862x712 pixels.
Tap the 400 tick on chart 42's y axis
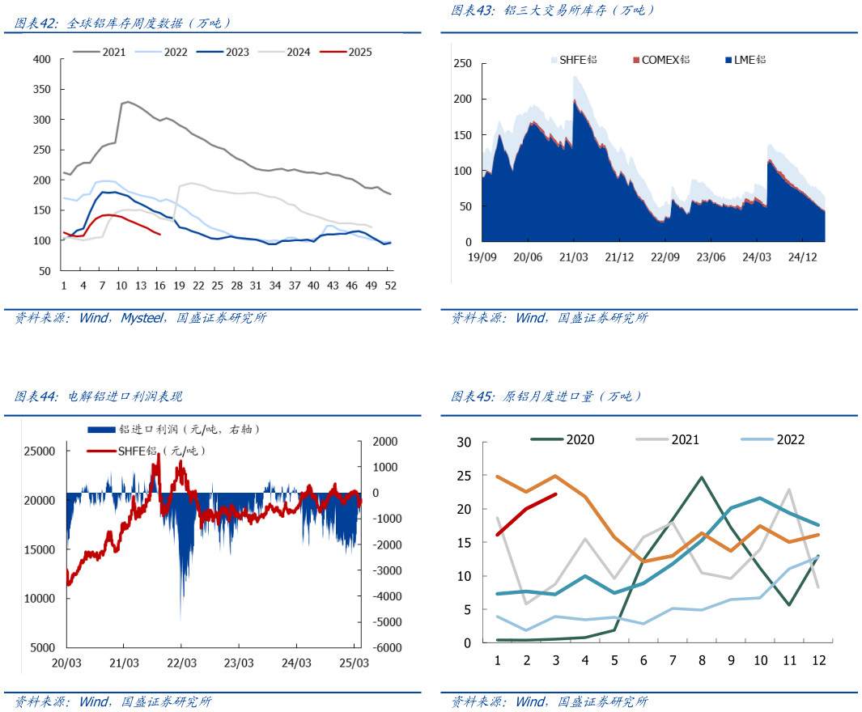(41, 59)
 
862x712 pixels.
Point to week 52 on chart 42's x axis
(390, 286)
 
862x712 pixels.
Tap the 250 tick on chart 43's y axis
(462, 64)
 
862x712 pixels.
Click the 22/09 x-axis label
(665, 257)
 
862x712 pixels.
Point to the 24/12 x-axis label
(801, 257)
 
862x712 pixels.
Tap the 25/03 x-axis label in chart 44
(354, 663)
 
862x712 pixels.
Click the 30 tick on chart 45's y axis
(464, 443)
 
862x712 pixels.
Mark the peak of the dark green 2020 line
(701, 477)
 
